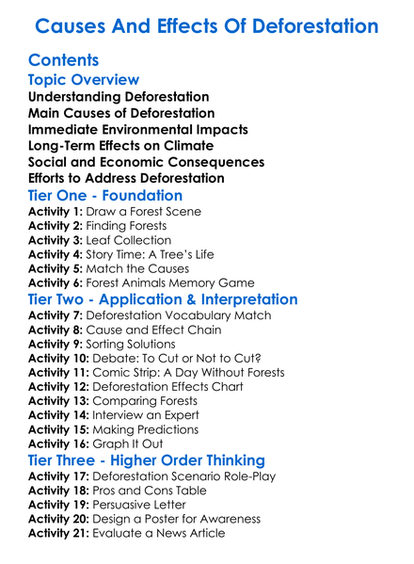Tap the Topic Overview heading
(84, 80)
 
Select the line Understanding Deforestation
(119, 97)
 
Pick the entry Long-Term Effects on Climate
(121, 146)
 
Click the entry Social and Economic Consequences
(146, 162)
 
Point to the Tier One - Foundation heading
(105, 195)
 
